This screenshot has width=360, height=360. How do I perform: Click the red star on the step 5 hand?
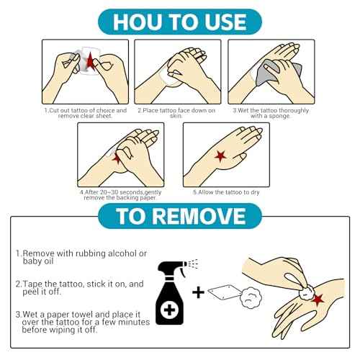220,156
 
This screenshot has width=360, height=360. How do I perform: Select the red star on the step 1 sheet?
90,62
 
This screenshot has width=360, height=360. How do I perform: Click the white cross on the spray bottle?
169,310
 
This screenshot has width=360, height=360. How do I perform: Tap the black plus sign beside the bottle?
198,292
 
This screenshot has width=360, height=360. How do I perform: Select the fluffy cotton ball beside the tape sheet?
251,297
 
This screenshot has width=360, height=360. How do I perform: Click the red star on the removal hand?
318,300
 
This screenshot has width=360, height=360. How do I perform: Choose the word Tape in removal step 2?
32,284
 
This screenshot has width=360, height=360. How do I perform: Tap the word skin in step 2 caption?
176,116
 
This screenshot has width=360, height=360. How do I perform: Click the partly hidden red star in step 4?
117,159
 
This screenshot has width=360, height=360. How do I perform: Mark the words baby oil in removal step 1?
38,261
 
